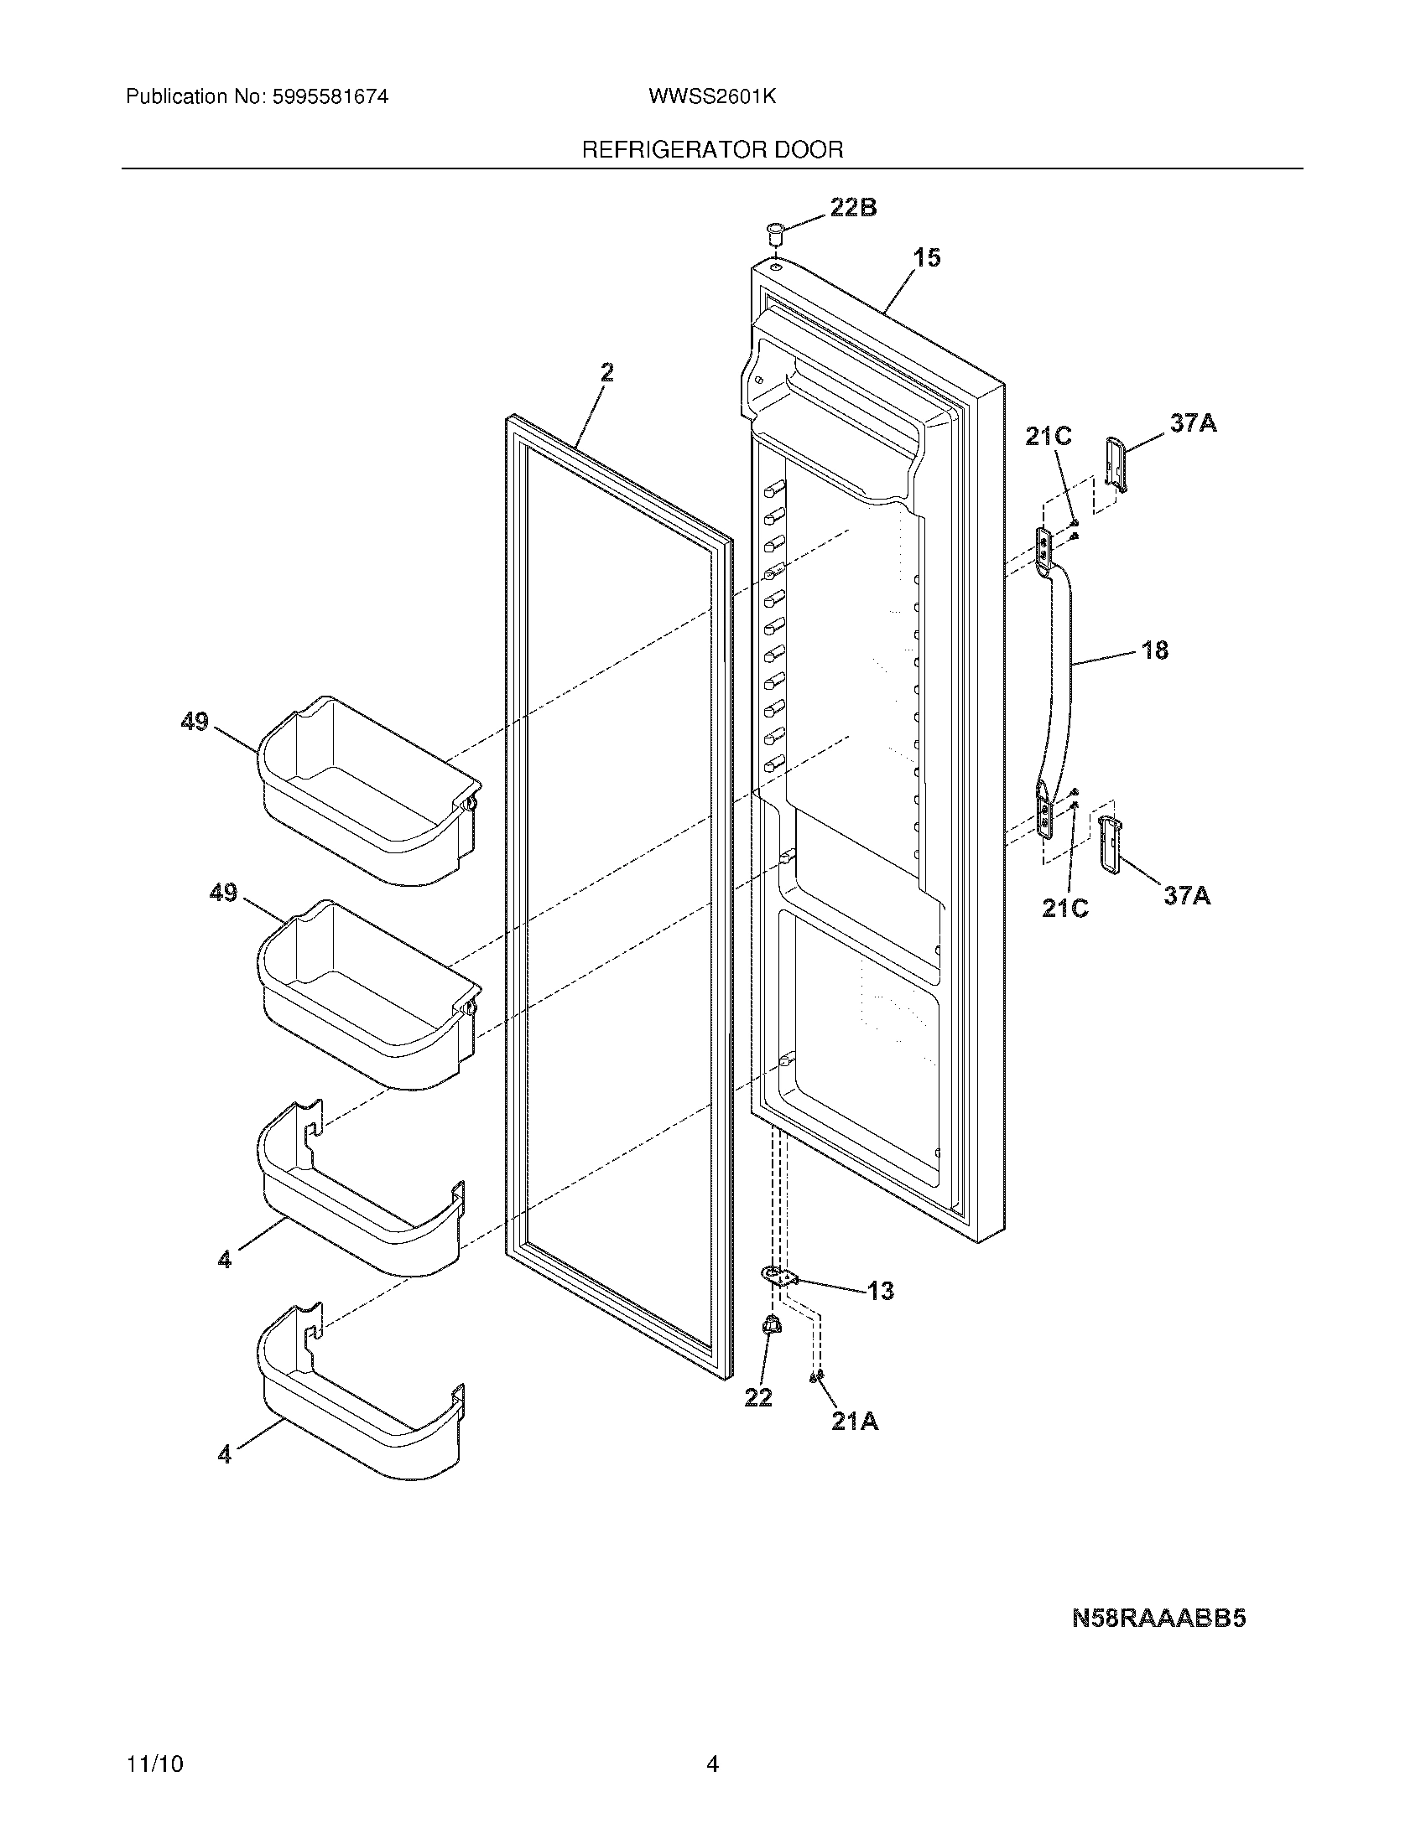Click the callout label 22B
coord(853,207)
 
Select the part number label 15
coord(928,257)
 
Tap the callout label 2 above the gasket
coord(606,372)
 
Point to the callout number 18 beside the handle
coord(1154,650)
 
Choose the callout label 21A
coord(855,1422)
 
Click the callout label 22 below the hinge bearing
coord(757,1398)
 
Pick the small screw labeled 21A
coord(816,1377)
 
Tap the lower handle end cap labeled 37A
coord(1107,844)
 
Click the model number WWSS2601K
coord(712,96)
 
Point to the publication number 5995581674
coord(330,96)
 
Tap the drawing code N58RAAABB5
coord(1159,1618)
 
